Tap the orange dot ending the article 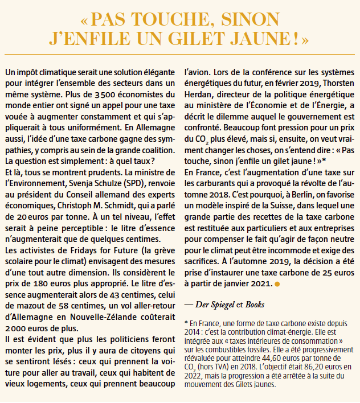(x=277, y=283)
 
